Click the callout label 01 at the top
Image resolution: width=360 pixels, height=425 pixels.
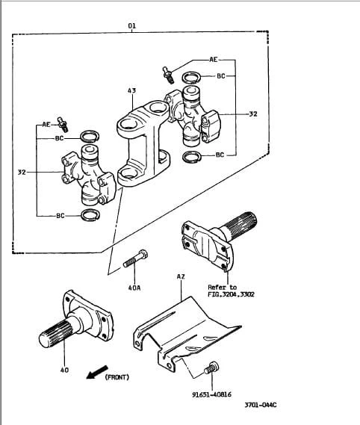click(131, 25)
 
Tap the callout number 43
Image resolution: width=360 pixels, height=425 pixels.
click(131, 90)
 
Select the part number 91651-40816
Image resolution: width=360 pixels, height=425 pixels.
click(211, 394)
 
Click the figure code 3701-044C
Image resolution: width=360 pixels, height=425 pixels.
click(261, 405)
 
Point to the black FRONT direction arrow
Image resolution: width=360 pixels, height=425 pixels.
click(97, 372)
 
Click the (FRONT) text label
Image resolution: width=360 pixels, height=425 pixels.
click(117, 377)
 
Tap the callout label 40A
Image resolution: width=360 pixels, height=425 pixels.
click(134, 288)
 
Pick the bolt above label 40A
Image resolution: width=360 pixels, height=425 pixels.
click(135, 258)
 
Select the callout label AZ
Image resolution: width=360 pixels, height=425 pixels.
click(181, 276)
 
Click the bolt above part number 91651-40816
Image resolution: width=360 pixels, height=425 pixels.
click(211, 367)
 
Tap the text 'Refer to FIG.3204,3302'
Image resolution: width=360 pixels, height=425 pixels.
click(231, 291)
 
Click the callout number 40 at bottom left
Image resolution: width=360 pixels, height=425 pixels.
click(64, 370)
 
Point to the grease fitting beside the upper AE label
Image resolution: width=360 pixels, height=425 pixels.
click(168, 75)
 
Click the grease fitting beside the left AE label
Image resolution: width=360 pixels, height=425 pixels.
click(63, 125)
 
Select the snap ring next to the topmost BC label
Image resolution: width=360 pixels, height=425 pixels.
click(191, 78)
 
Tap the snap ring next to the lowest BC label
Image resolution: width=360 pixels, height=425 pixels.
click(90, 215)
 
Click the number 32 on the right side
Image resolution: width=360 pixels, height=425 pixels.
click(253, 114)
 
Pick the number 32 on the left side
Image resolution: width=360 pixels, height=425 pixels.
click(22, 172)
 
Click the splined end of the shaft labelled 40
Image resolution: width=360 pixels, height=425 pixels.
click(56, 333)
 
